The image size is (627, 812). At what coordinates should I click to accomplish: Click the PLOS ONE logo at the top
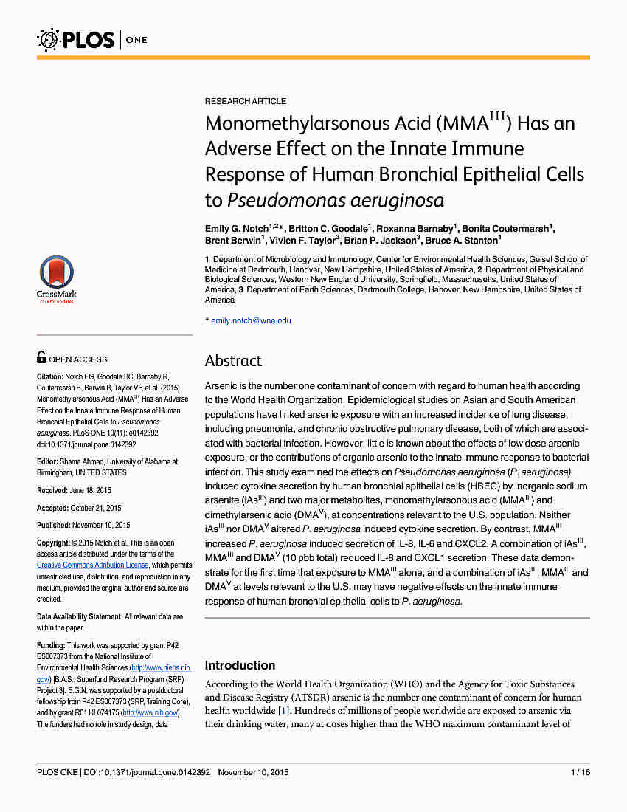(x=92, y=38)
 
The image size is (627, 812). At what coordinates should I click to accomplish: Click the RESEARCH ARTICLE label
(x=246, y=101)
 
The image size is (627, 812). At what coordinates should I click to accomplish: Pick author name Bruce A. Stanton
(x=461, y=240)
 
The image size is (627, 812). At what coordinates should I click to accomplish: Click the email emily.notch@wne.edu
(x=251, y=320)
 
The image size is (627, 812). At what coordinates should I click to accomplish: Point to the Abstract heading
(x=233, y=361)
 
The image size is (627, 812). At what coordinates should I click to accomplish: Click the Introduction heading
(x=240, y=665)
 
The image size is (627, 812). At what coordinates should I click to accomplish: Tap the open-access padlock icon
(x=41, y=358)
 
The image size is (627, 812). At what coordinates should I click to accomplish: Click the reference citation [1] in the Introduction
(x=282, y=710)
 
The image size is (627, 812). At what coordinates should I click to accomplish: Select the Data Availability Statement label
(x=80, y=616)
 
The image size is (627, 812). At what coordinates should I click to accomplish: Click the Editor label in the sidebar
(x=47, y=461)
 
